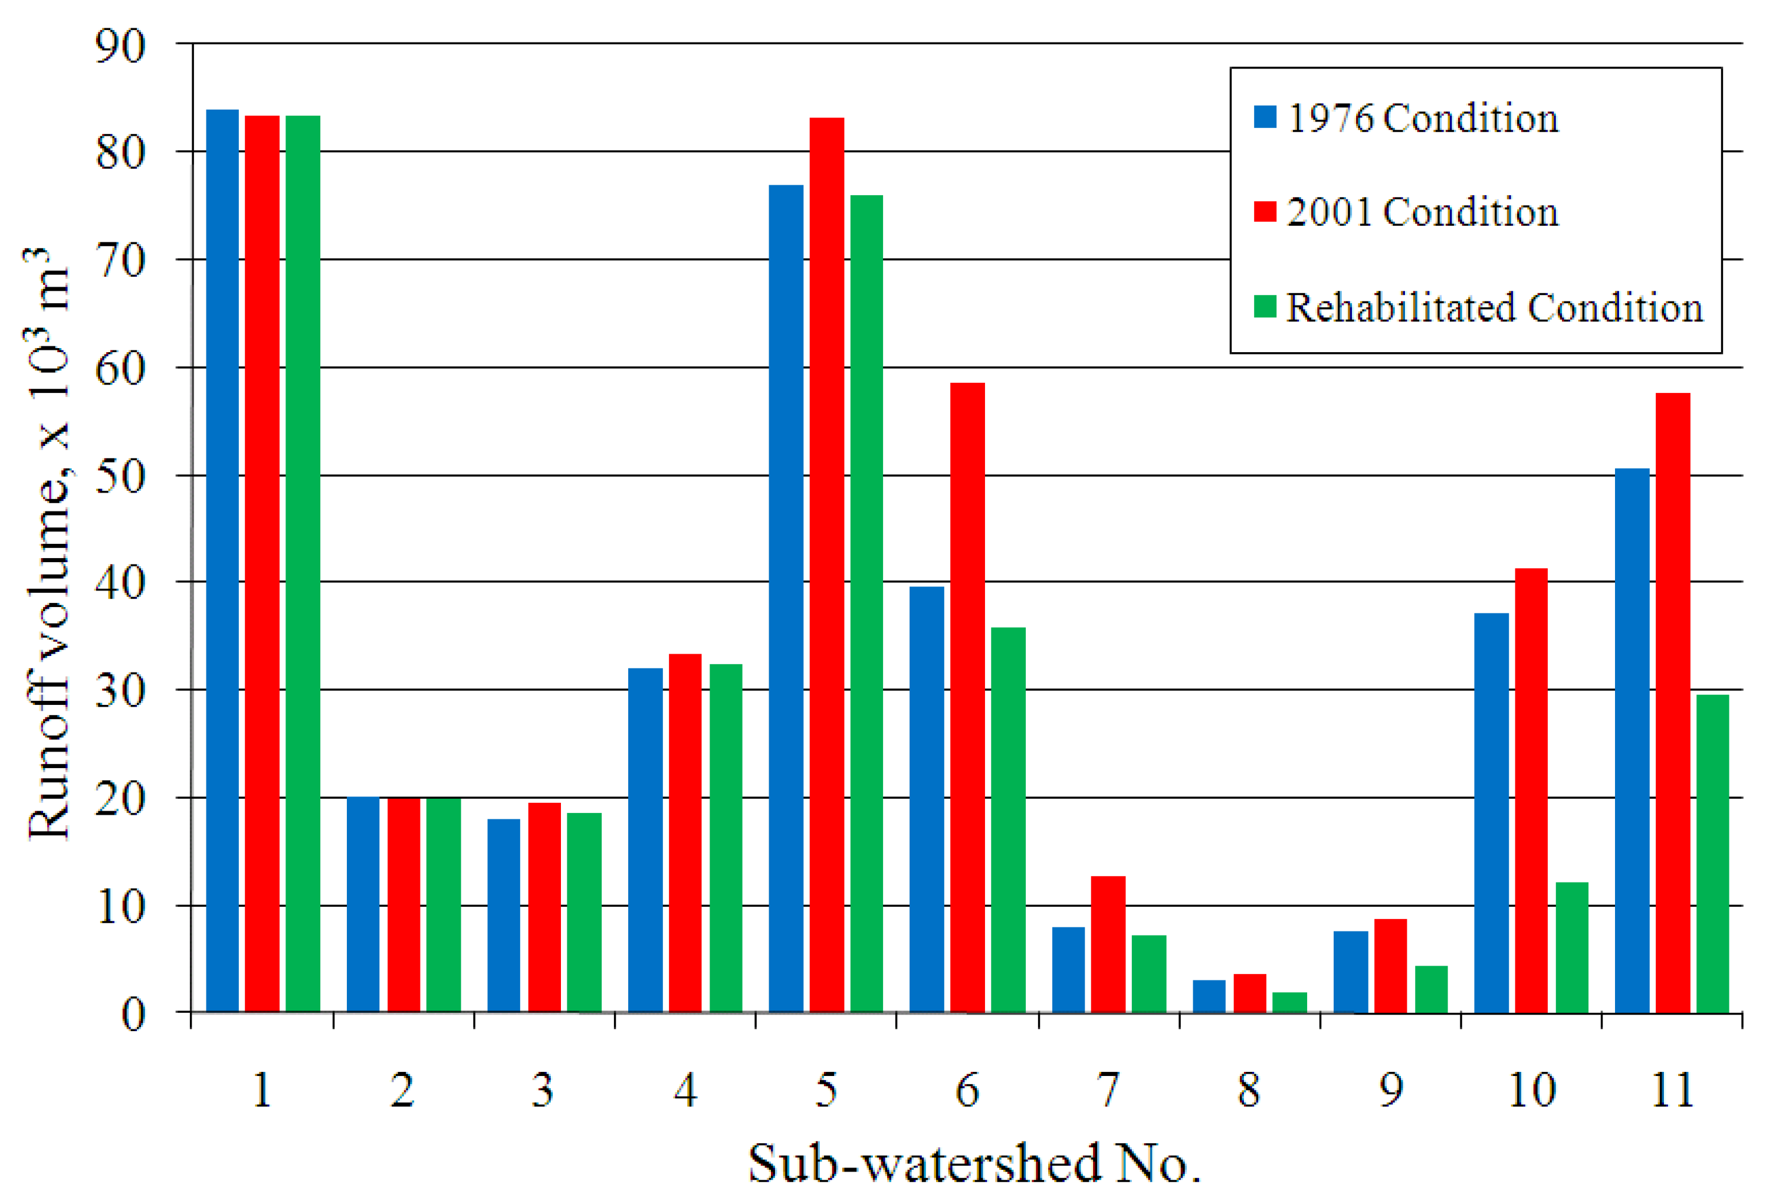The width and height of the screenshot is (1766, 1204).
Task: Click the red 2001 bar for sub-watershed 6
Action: click(967, 698)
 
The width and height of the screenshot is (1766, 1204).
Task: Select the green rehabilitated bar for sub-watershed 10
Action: click(1572, 948)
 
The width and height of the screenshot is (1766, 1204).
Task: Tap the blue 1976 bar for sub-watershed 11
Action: click(1632, 740)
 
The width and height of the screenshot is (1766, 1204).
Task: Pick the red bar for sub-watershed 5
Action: click(827, 566)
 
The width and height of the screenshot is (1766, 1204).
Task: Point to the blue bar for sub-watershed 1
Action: click(222, 561)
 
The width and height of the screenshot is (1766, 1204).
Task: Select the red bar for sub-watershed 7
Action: click(1108, 945)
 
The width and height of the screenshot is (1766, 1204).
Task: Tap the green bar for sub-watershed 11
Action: click(1713, 854)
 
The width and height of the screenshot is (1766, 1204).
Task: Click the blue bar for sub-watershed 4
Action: click(645, 841)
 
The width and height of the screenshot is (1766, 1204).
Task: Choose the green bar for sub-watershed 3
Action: click(585, 913)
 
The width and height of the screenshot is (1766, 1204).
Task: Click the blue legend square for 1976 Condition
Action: click(1265, 116)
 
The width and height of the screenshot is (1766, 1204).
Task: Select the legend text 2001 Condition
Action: click(1423, 211)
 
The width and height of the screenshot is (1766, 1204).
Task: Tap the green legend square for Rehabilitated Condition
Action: click(1265, 306)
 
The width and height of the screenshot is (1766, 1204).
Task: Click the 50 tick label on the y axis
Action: click(120, 477)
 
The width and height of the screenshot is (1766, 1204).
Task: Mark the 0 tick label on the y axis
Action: click(134, 1015)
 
